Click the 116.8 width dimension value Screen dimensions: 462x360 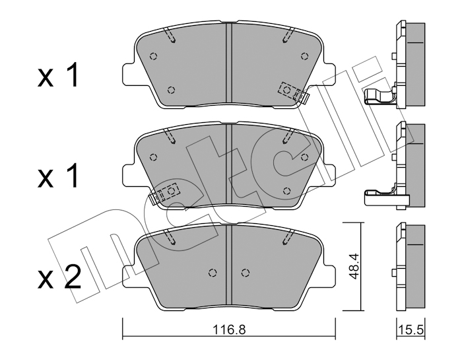click(x=228, y=330)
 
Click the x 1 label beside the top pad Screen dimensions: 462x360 click(x=58, y=75)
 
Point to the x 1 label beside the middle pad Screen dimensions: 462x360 click(x=58, y=176)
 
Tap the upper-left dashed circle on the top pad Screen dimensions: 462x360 click(x=153, y=55)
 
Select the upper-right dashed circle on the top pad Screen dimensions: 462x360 click(x=305, y=55)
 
